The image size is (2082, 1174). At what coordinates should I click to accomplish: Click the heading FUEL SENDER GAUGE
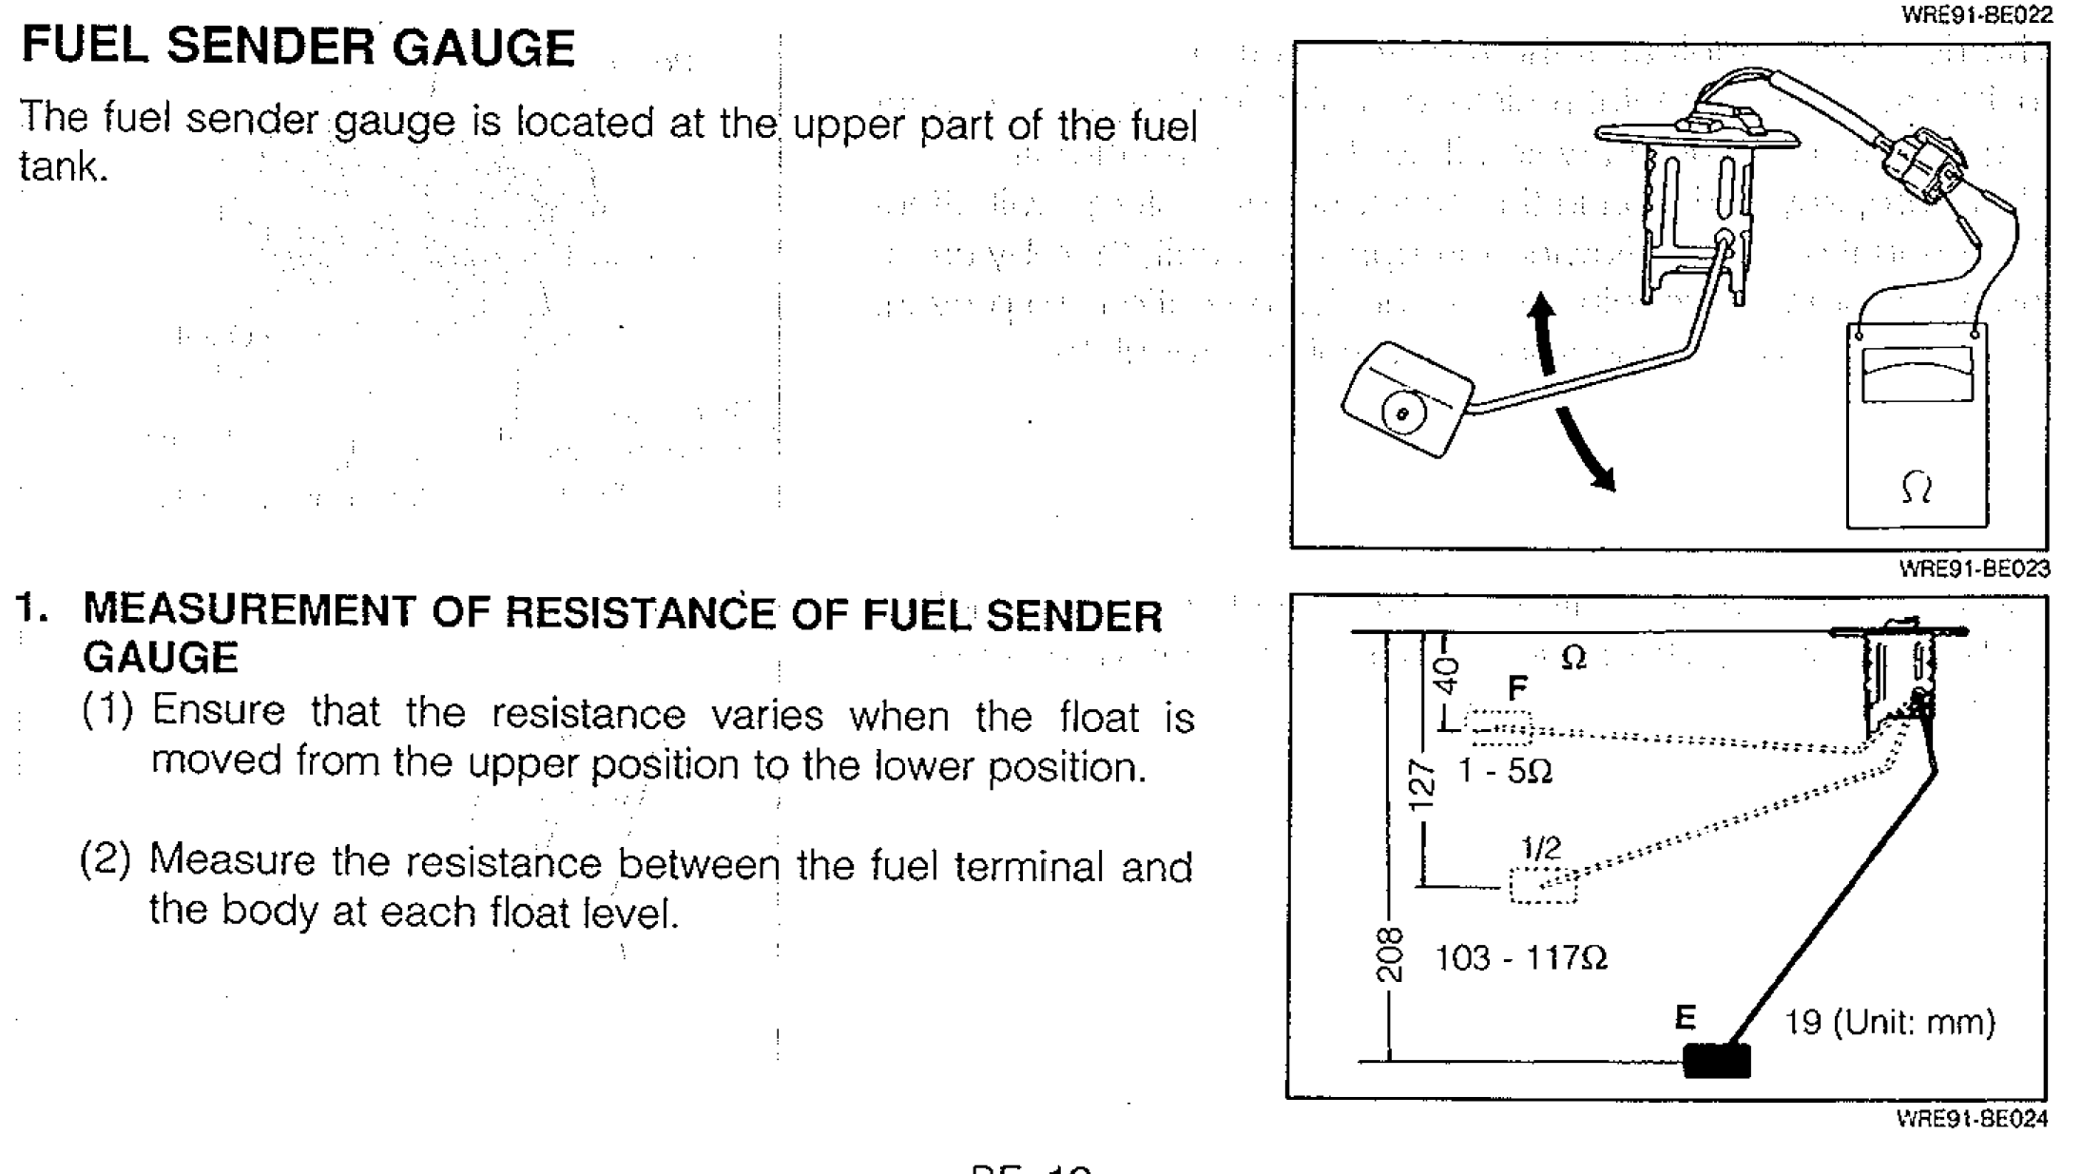pos(298,48)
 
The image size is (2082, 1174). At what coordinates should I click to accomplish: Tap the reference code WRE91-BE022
pos(1976,15)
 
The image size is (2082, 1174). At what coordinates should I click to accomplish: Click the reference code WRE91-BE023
pos(1974,568)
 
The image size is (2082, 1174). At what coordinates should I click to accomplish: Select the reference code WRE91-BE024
pos(1972,1118)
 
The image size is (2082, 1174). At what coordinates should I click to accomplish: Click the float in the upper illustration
pos(1406,398)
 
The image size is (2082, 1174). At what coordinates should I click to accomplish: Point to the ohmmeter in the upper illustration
pos(1917,428)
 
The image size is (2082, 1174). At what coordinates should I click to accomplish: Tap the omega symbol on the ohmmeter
pos(1916,489)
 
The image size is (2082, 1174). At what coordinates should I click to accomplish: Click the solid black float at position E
pos(1716,1060)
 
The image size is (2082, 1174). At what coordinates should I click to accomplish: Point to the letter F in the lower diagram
pos(1517,687)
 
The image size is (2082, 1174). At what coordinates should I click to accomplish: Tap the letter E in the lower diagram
pos(1685,1018)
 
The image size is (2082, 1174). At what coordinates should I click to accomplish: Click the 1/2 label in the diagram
pos(1540,848)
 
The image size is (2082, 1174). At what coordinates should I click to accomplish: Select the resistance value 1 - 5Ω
pos(1505,770)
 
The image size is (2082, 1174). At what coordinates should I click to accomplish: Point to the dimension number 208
pos(1389,953)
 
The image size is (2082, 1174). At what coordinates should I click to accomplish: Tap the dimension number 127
pos(1419,785)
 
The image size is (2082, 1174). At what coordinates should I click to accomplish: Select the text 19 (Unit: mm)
pos(1889,1022)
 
